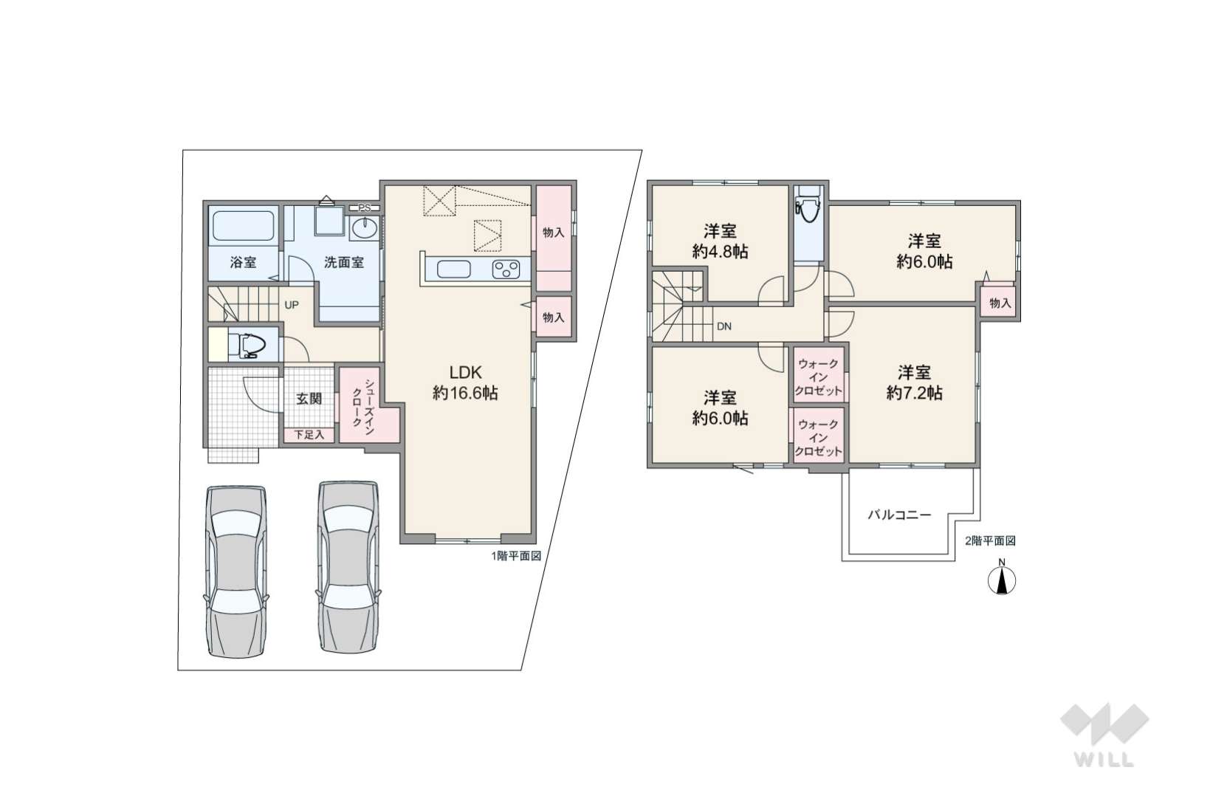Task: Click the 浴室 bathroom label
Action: [x=243, y=263]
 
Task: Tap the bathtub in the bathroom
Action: [x=243, y=226]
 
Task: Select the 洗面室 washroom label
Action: [x=343, y=263]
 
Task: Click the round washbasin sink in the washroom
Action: [x=365, y=228]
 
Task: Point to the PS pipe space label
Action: [x=365, y=207]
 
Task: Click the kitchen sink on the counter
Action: [x=453, y=269]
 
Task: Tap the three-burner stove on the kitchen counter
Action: [x=506, y=269]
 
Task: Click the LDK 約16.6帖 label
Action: [x=465, y=382]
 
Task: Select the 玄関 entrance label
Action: [x=309, y=399]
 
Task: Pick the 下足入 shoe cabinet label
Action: [x=309, y=434]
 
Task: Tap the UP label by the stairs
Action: [x=291, y=305]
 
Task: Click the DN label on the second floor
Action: [x=723, y=326]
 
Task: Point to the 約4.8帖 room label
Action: [x=720, y=252]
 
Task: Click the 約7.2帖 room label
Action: [x=915, y=394]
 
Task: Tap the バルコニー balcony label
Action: [x=899, y=515]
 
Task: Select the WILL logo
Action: [x=1104, y=735]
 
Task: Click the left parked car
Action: [x=236, y=571]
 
